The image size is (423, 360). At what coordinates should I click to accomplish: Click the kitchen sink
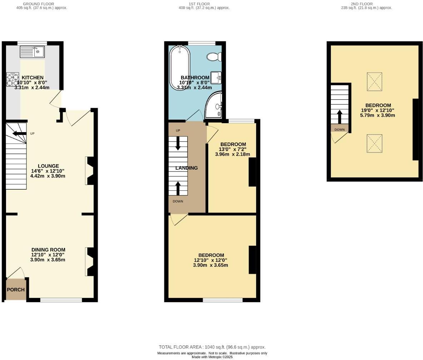pos(32,52)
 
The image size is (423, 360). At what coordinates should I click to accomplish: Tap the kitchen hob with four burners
pos(13,79)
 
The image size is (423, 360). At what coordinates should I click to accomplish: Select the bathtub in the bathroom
pos(180,67)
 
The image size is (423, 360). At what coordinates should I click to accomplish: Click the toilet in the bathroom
pos(215,57)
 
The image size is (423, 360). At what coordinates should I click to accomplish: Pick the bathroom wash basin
pos(216,77)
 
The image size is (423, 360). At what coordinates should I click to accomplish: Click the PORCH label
pos(16,290)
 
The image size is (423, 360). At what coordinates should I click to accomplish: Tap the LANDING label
pos(186,168)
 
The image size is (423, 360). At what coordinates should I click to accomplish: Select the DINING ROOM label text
pos(48,250)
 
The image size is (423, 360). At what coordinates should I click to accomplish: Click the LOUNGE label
pos(48,166)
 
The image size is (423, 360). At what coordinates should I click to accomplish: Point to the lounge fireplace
pos(90,171)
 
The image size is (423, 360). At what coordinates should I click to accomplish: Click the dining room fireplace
pos(90,262)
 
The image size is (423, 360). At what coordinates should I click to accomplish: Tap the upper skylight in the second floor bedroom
pos(374,82)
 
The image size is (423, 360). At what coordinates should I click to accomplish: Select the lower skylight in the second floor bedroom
pos(374,144)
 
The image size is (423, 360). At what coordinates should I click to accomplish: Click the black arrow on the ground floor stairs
pos(19,134)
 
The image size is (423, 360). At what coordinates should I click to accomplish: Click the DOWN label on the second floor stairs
pos(339,130)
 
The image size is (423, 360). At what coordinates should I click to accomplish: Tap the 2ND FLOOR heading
pos(367,4)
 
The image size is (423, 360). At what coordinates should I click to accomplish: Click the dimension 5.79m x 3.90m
pos(378,115)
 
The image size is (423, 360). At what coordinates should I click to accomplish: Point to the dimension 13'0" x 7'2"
pos(233,149)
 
